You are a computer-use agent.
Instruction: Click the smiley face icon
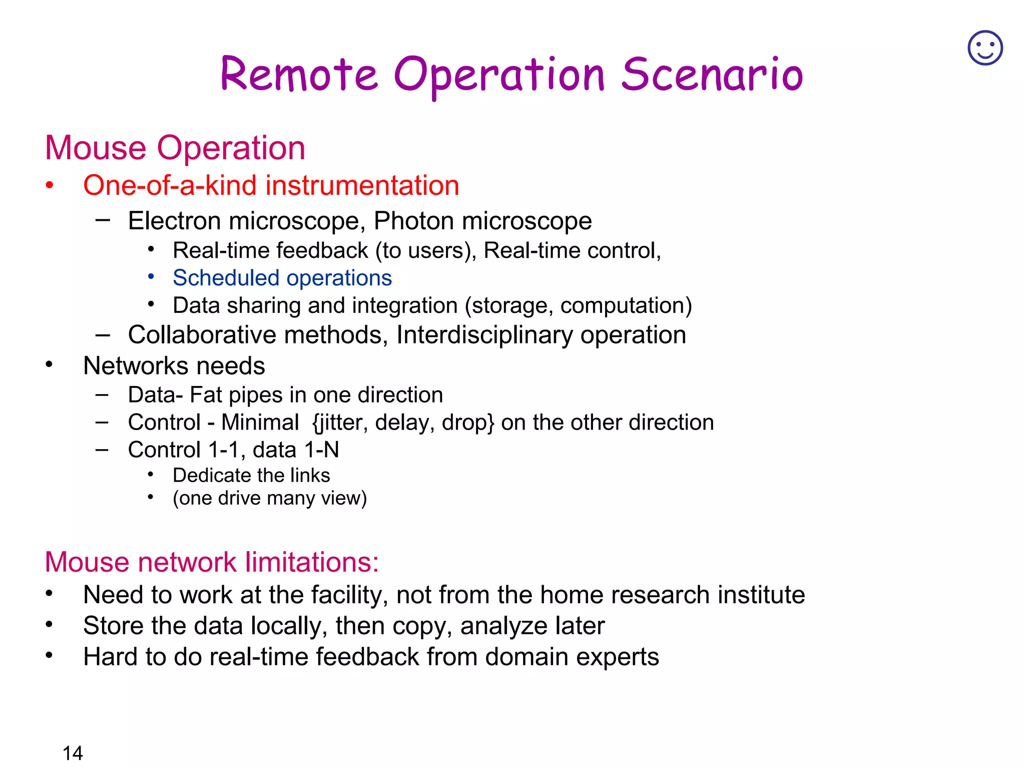tap(985, 48)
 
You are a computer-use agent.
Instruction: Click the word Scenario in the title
tap(712, 75)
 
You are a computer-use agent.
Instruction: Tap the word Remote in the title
tap(299, 75)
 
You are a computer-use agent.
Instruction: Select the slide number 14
tap(73, 753)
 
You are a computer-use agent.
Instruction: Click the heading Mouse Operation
tap(175, 148)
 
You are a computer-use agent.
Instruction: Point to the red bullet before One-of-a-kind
tap(49, 186)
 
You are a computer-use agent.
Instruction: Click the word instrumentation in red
tap(362, 186)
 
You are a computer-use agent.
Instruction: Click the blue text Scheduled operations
tap(282, 278)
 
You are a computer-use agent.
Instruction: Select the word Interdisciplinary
tap(484, 335)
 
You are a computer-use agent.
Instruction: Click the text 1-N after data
tap(321, 450)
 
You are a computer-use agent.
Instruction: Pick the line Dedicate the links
tap(251, 476)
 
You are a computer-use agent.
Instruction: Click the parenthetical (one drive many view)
tap(270, 499)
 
